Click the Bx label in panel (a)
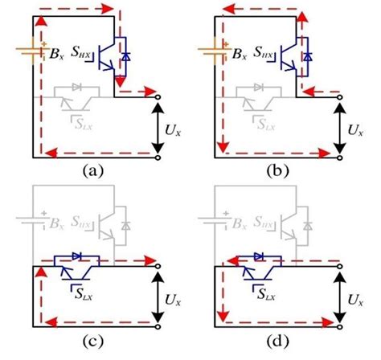[x=56, y=57]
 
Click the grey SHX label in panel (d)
[x=265, y=223]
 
